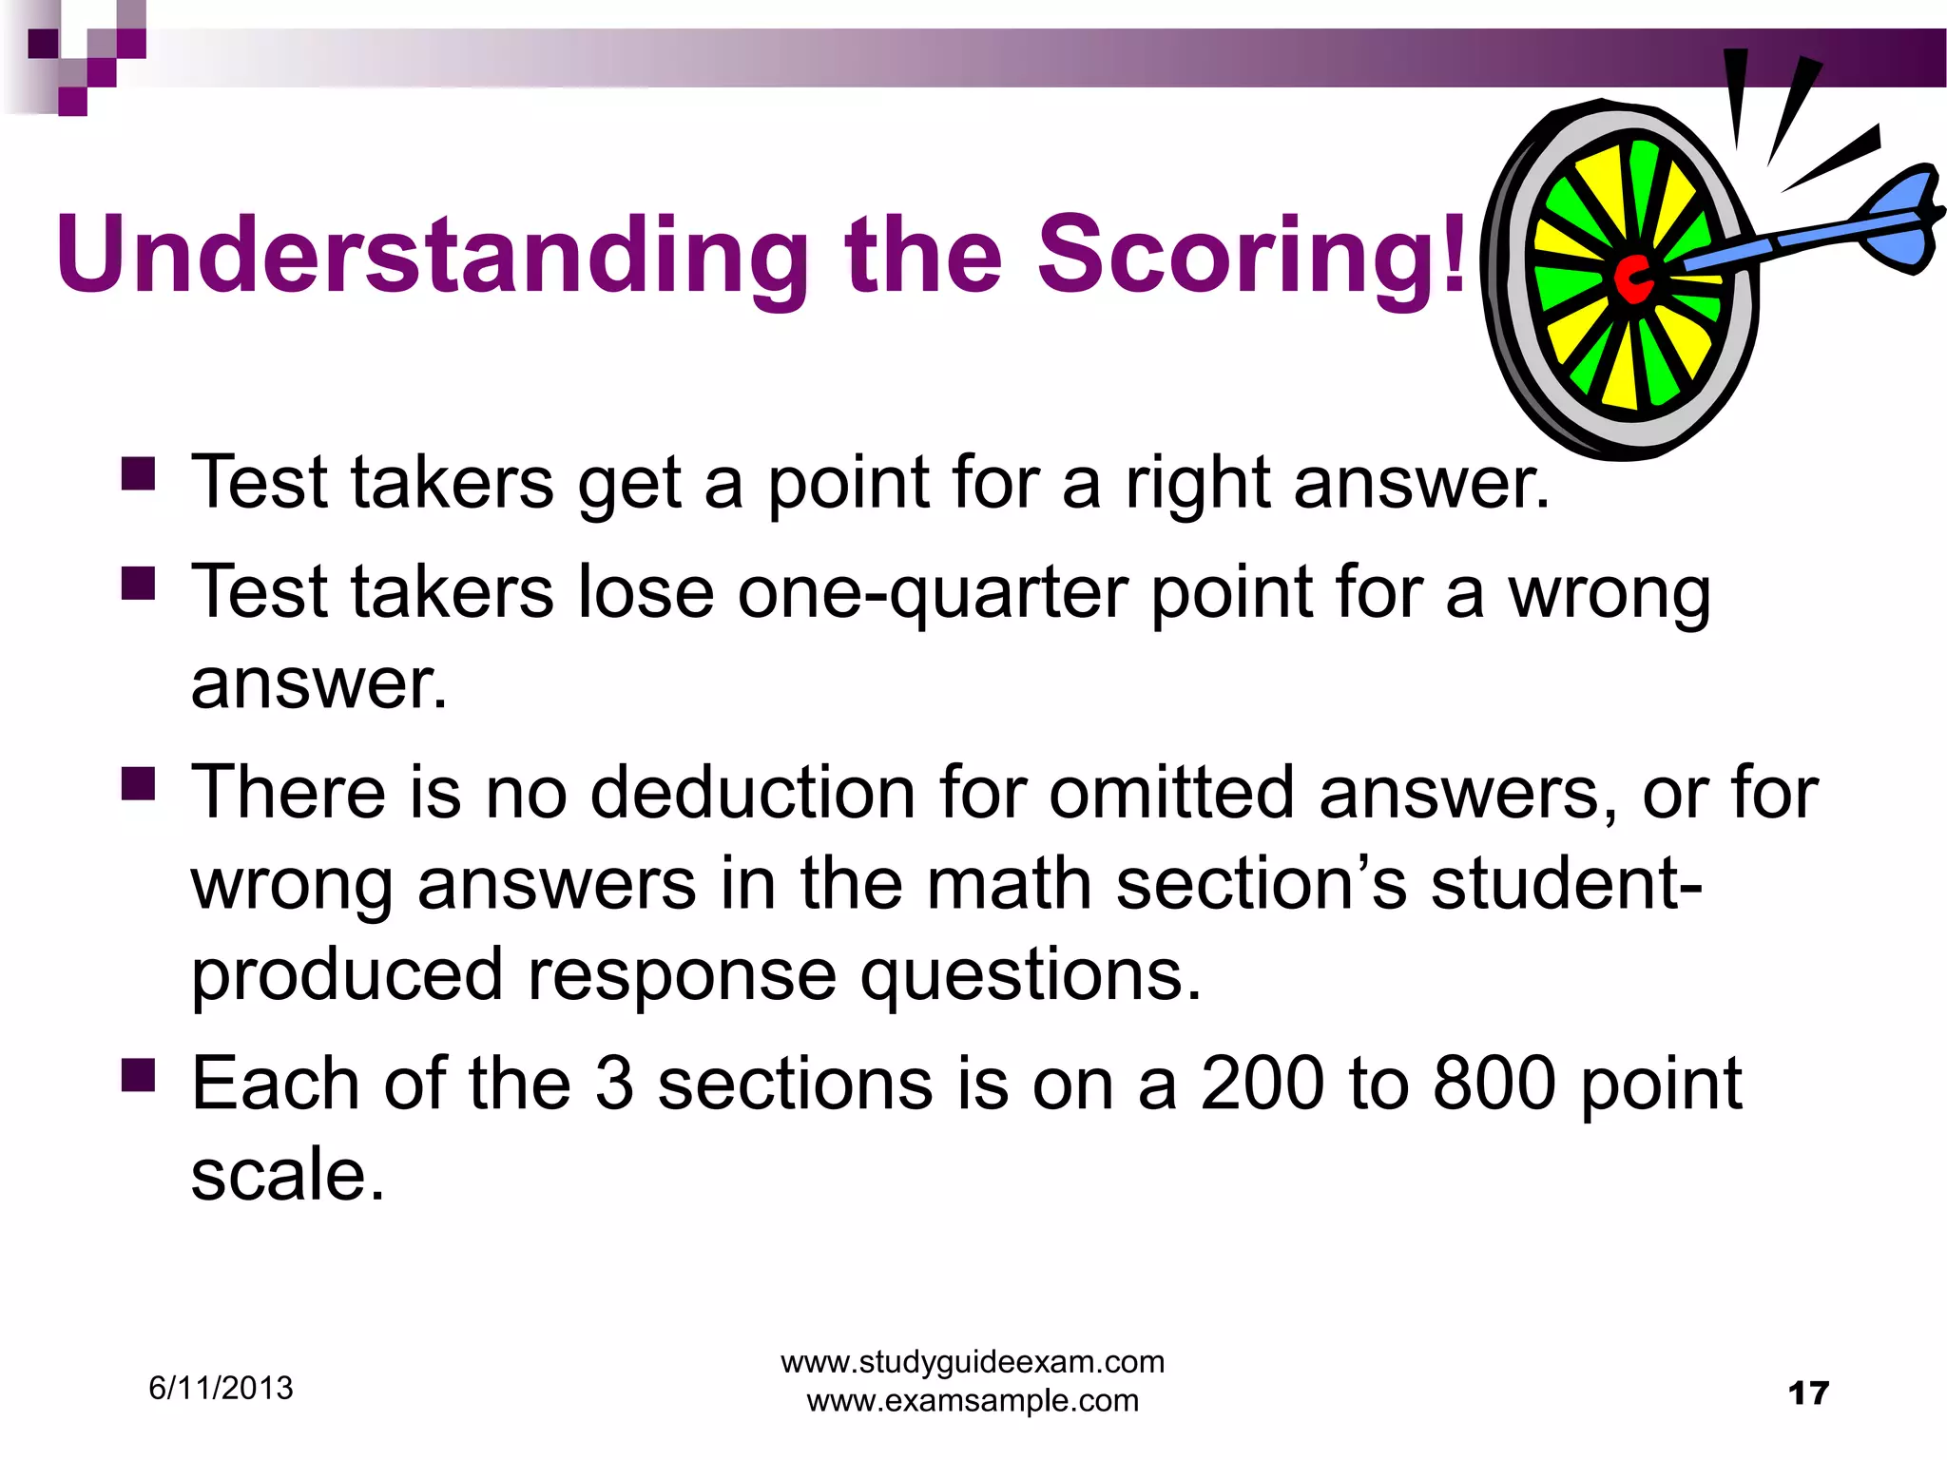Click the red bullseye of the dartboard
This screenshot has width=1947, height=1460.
click(1633, 279)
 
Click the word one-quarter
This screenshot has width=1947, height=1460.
click(933, 593)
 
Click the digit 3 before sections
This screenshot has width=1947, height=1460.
click(614, 1084)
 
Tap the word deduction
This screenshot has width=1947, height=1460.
click(752, 792)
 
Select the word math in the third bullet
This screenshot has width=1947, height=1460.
click(1009, 884)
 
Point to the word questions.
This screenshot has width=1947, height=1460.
click(1031, 976)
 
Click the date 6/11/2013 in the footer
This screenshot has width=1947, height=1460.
click(221, 1389)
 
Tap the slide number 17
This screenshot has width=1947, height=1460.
click(1807, 1393)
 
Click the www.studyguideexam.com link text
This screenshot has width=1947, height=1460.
click(973, 1362)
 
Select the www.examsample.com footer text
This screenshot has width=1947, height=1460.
click(973, 1400)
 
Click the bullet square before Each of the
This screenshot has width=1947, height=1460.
click(139, 1076)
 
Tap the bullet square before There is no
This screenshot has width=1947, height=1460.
click(139, 784)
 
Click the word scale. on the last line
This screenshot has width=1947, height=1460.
click(287, 1176)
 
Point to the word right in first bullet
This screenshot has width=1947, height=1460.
click(1197, 484)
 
